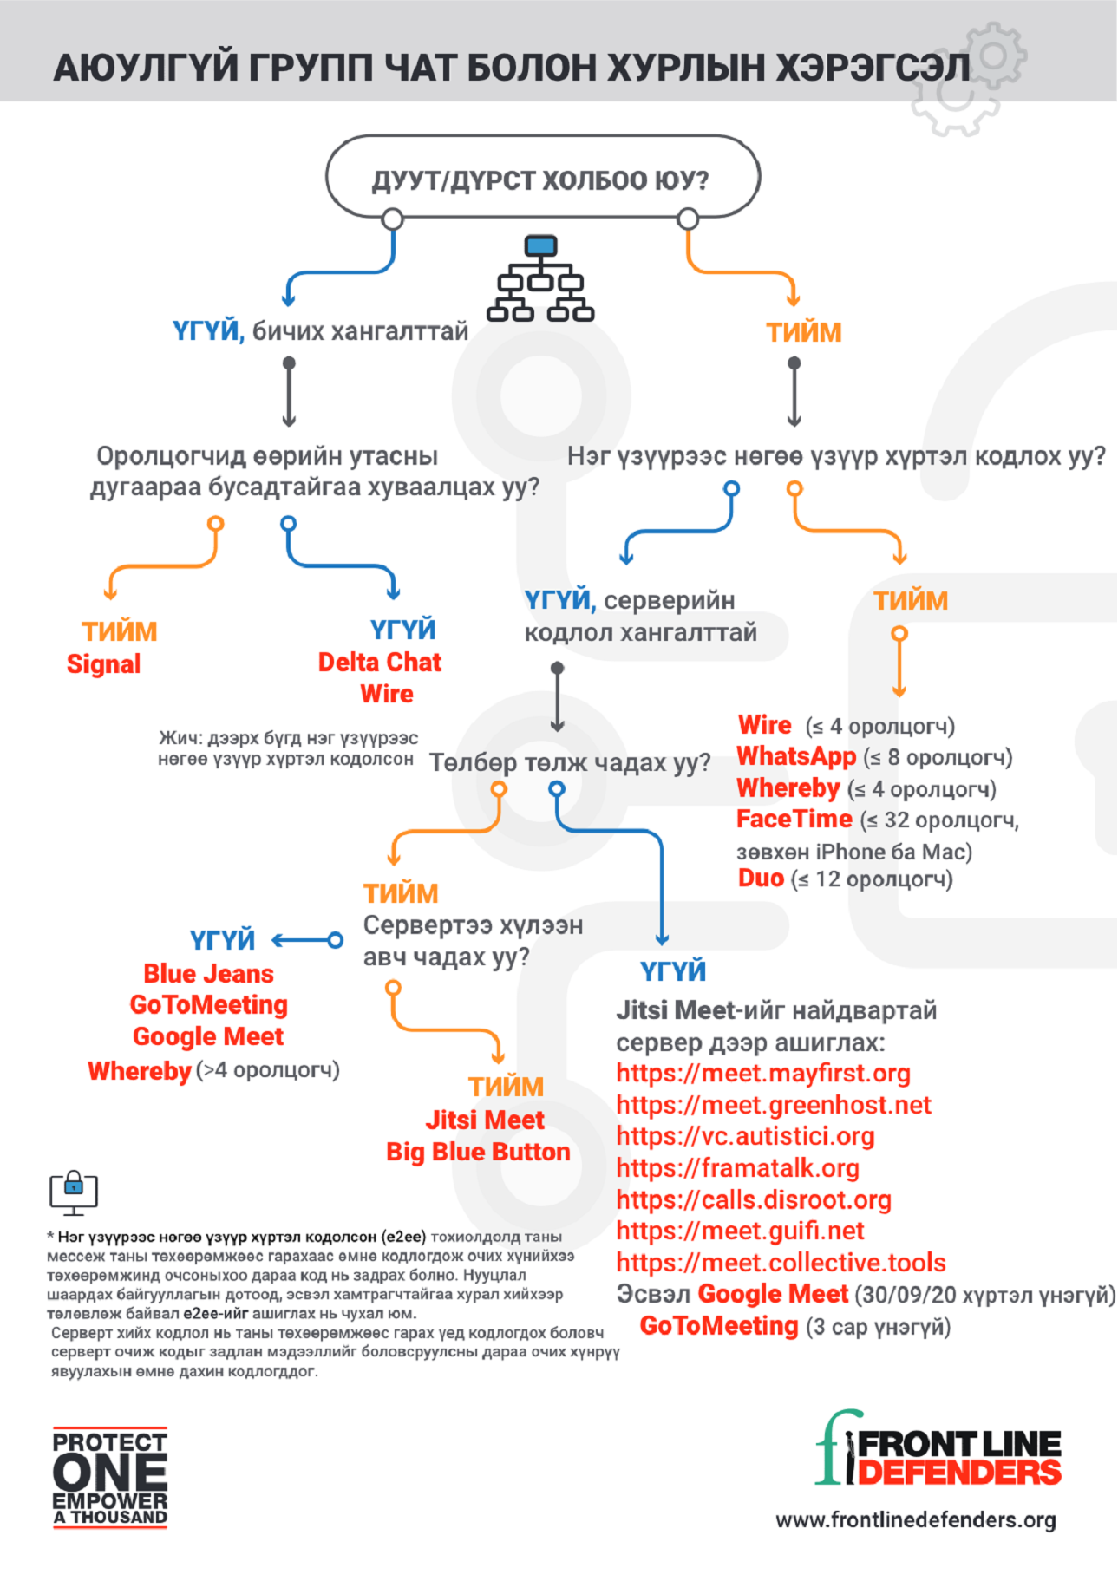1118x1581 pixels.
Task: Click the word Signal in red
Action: pos(103,664)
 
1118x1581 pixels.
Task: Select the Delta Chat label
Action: pos(379,663)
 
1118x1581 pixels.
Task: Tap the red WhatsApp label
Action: pos(795,756)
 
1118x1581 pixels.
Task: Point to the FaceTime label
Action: pos(794,820)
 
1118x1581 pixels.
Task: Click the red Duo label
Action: pos(761,879)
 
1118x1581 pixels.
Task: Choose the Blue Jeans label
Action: pos(208,974)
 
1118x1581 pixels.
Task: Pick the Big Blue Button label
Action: pos(478,1152)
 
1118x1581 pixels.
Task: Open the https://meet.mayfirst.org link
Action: pos(763,1074)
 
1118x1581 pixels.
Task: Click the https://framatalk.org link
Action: pos(737,1168)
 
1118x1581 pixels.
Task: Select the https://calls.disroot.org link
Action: pos(754,1199)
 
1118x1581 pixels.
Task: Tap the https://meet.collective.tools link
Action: pos(781,1263)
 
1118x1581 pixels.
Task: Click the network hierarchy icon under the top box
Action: pos(540,278)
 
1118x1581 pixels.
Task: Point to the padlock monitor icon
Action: pos(74,1192)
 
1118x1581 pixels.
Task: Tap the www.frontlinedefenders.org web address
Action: pos(916,1520)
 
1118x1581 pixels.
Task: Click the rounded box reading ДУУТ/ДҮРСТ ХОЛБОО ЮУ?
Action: pos(542,179)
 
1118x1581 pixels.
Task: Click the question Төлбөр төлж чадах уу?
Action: pos(570,763)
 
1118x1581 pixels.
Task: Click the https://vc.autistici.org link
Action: pos(745,1136)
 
